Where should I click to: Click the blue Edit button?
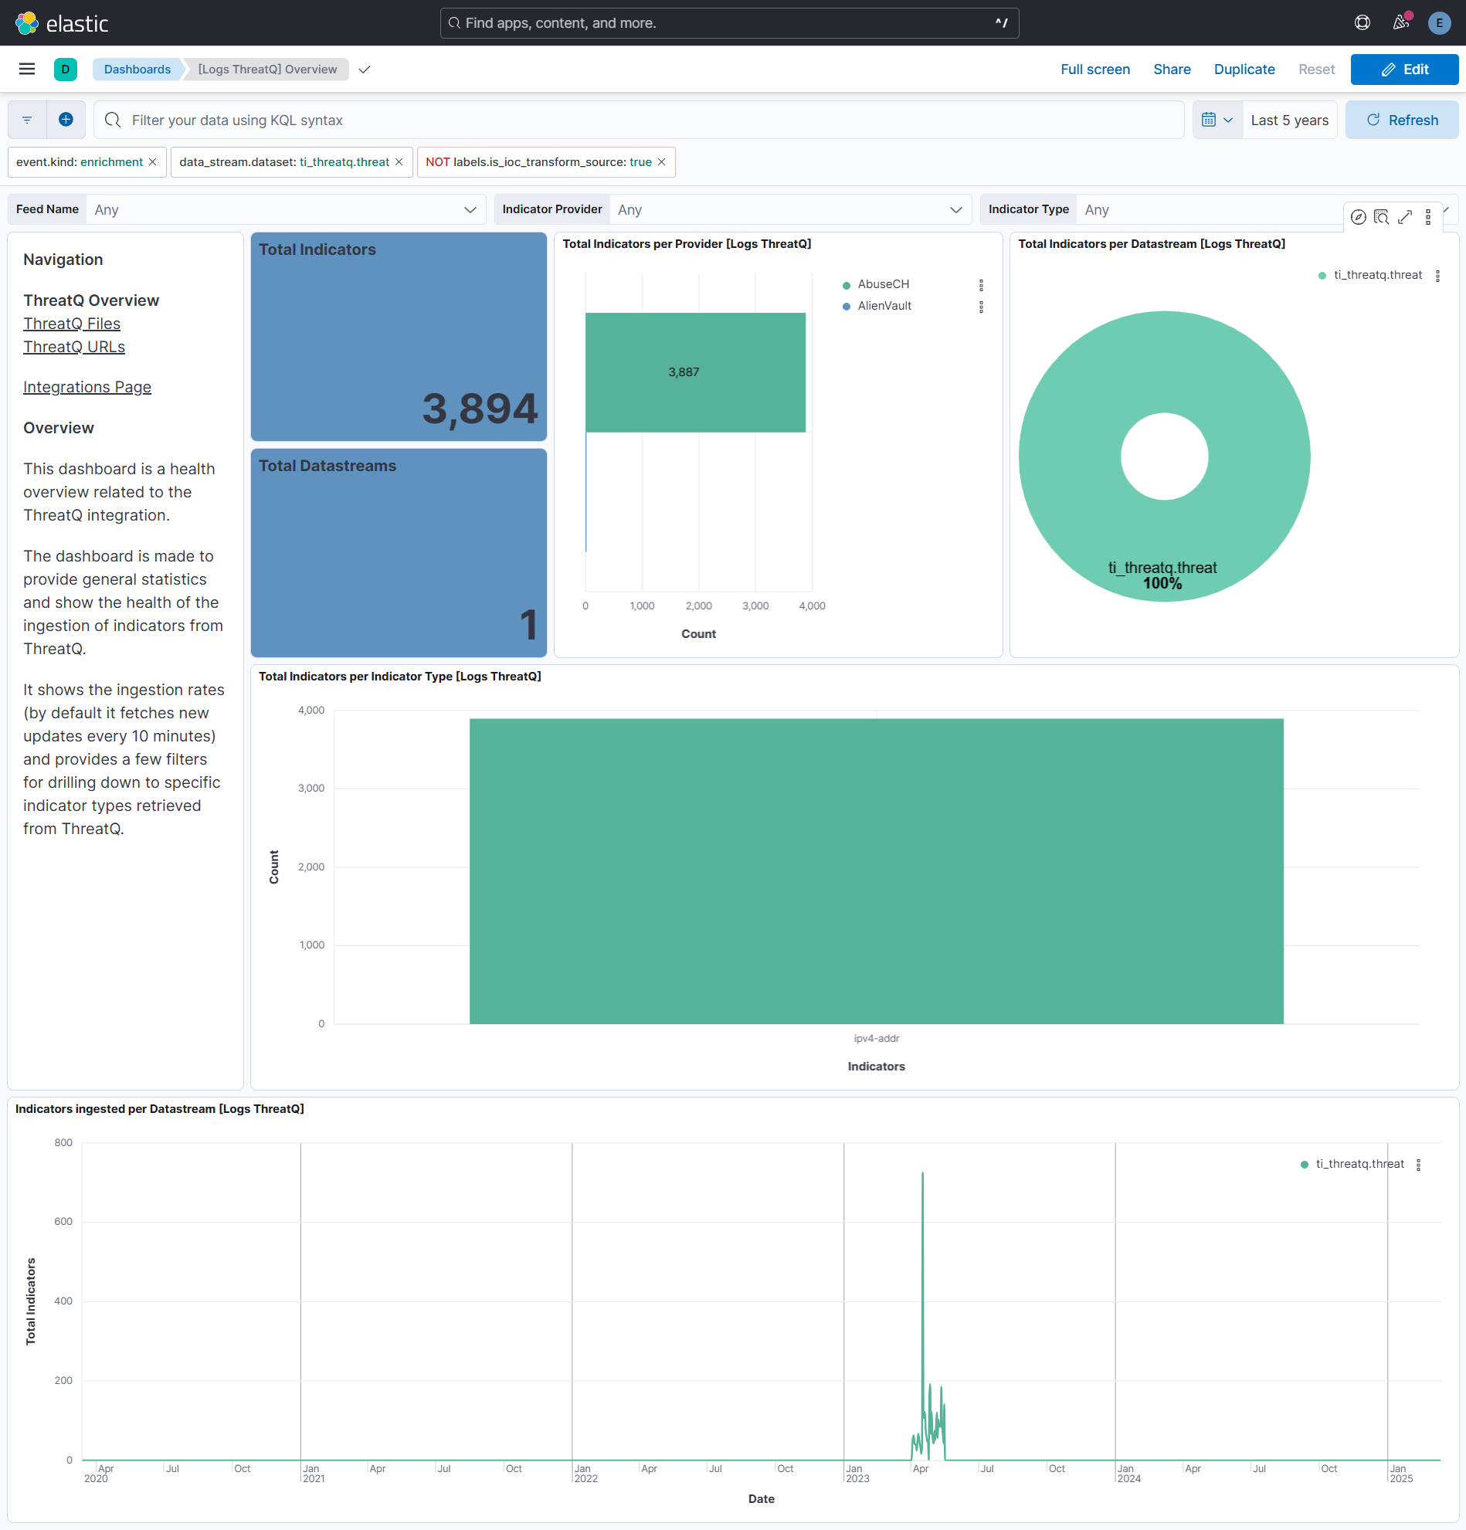pos(1403,70)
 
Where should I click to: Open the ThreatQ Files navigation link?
pos(72,324)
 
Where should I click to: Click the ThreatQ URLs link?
pos(74,348)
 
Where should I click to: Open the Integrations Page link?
pos(87,388)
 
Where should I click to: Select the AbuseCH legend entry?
pos(883,285)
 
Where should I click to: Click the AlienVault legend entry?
pos(884,307)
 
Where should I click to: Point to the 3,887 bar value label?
pos(683,372)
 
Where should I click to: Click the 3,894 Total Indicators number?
pos(480,409)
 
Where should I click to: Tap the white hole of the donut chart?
pos(1164,456)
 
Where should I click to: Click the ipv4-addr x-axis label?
pos(876,1039)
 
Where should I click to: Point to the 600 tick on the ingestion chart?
pos(63,1223)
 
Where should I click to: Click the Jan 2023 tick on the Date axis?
pos(856,1474)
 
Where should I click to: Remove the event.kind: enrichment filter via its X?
pos(153,162)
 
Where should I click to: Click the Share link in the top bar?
pos(1171,70)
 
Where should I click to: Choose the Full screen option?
pos(1094,70)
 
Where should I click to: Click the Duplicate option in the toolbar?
pos(1244,70)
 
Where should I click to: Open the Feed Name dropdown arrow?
pos(470,210)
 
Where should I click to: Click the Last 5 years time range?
pos(1289,120)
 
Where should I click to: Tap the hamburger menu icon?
pos(26,70)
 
